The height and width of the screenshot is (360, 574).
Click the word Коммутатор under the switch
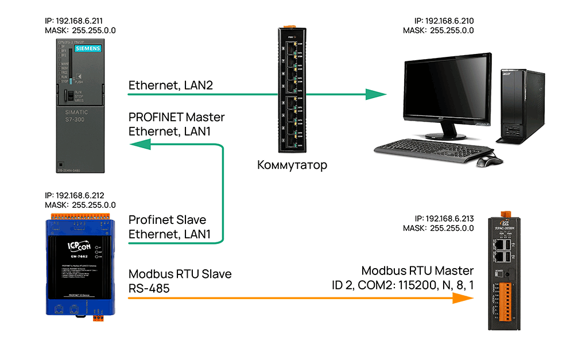(x=292, y=166)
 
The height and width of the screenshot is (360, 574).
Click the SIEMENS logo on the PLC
(x=88, y=49)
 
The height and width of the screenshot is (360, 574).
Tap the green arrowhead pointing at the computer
(x=376, y=94)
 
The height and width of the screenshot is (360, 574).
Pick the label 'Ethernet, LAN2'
(x=170, y=86)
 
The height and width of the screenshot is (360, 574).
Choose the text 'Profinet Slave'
(x=167, y=220)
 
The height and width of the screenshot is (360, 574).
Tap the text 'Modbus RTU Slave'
(x=180, y=274)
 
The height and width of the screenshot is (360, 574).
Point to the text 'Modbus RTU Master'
(x=418, y=270)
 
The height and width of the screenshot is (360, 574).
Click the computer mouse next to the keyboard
(x=486, y=160)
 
